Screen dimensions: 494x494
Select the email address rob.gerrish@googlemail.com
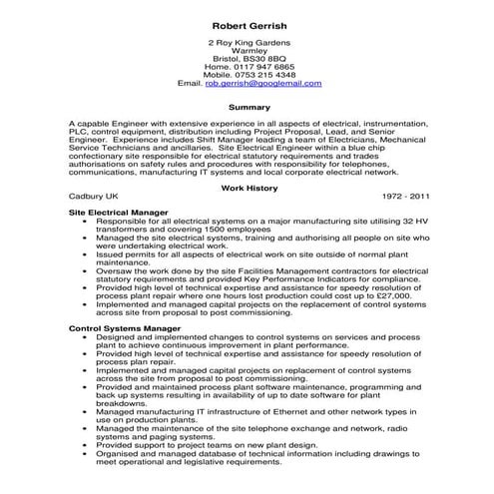coord(263,84)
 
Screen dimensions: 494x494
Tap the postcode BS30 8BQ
coord(269,58)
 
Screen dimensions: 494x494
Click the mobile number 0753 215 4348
coord(263,75)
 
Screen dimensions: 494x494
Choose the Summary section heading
coord(248,107)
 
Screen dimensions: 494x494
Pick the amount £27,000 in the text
coord(392,296)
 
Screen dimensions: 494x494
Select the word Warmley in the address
coord(248,50)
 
